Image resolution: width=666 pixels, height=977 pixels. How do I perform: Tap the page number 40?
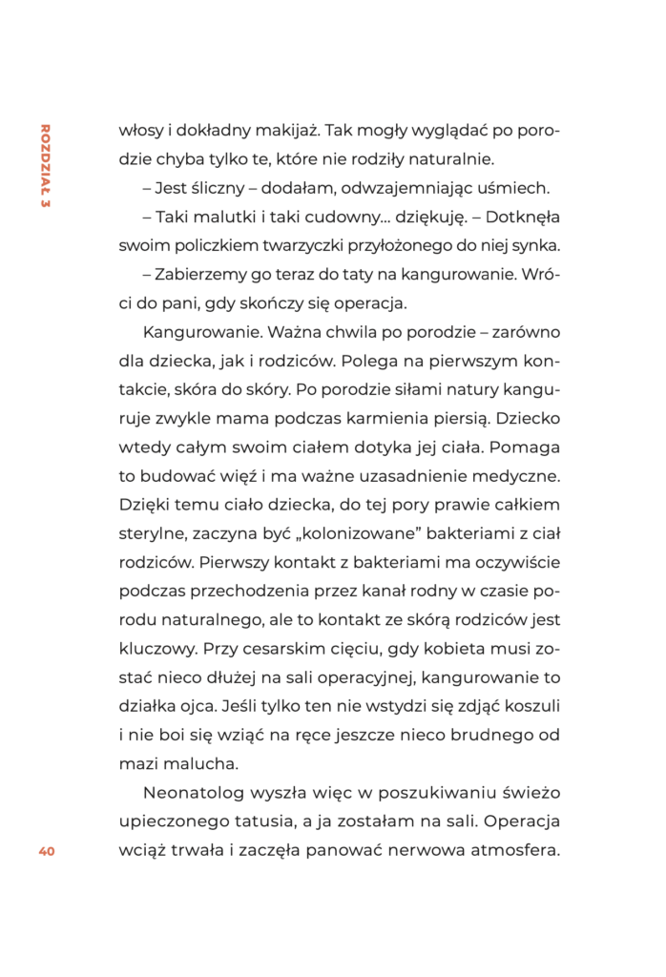[x=47, y=852]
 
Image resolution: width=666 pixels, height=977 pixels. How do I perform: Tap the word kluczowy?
[x=156, y=648]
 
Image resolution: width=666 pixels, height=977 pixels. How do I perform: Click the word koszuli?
[x=527, y=706]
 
